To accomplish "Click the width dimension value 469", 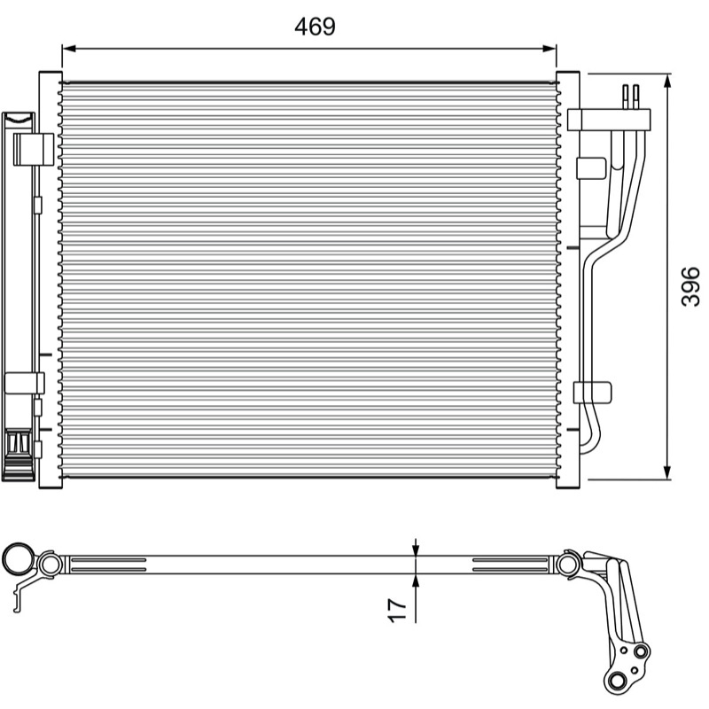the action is coord(316,27).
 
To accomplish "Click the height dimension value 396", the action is coord(690,286).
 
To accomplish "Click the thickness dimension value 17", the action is coord(397,610).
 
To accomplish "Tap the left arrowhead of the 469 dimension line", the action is coord(68,49).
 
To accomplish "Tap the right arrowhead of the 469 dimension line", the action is coord(549,49).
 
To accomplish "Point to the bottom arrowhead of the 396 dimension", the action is coord(667,472).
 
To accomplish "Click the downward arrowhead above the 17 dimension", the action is coord(416,549).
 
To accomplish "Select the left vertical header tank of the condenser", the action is coord(51,279).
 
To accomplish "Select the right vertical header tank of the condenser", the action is coord(567,279).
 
